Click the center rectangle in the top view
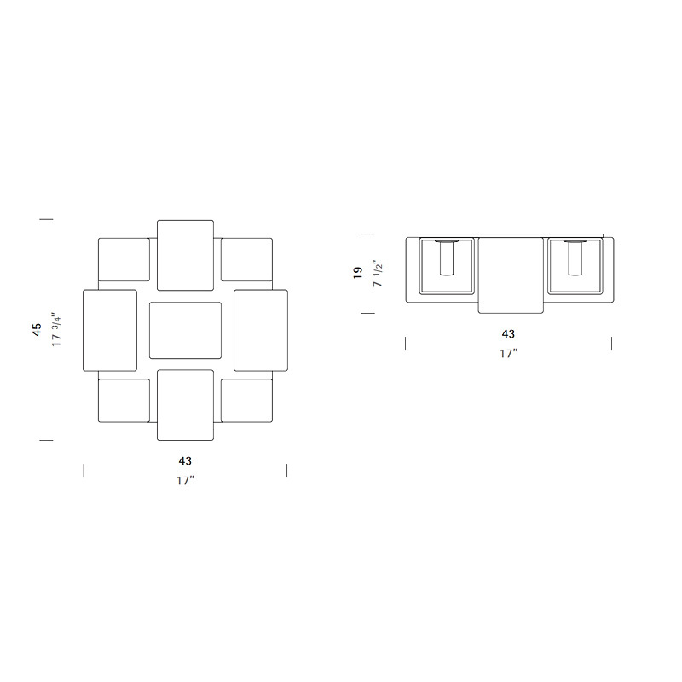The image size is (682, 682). (185, 330)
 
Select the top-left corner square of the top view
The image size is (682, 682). (124, 259)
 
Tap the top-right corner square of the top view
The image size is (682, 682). (246, 259)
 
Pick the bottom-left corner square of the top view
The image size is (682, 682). (124, 401)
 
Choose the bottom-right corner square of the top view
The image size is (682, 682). (246, 401)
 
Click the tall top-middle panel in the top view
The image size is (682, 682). (185, 255)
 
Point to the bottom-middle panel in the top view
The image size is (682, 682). (185, 405)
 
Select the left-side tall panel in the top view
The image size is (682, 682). (110, 331)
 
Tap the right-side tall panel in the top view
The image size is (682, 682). (261, 331)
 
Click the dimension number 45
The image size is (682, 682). (37, 329)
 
